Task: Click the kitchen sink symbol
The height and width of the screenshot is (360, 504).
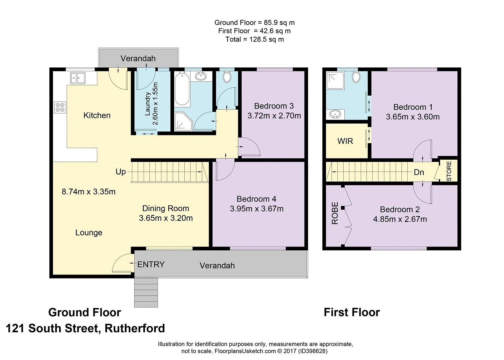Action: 78,78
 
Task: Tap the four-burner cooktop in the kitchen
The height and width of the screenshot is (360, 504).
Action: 60,107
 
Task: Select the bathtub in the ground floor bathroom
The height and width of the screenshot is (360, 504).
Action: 182,88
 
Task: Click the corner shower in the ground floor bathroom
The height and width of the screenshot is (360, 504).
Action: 183,121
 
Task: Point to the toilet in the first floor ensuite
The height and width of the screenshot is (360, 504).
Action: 356,77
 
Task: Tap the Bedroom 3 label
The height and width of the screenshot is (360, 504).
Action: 274,106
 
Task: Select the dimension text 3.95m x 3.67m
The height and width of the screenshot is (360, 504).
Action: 257,209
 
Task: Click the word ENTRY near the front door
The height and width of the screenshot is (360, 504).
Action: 151,264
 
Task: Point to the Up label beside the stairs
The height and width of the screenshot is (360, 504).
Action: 121,172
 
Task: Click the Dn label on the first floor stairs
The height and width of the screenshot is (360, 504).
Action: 419,172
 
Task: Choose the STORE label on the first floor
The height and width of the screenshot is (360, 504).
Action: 449,171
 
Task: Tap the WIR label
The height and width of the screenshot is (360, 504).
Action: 345,141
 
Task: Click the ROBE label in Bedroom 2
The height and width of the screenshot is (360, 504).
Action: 335,213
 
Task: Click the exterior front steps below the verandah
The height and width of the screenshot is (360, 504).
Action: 146,292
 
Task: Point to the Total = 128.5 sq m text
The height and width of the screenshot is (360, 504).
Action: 255,39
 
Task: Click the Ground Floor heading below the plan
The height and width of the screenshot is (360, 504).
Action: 84,312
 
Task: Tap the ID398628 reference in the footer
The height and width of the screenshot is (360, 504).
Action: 313,351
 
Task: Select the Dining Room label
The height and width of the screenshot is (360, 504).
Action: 166,208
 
